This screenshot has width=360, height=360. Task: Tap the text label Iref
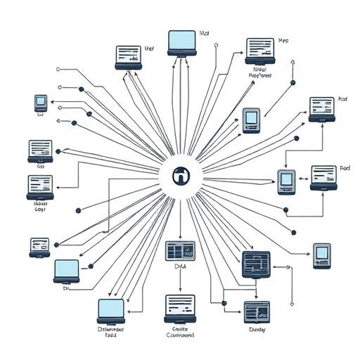(149, 49)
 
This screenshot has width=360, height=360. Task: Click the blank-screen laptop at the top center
(181, 43)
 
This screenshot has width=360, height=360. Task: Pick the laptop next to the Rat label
(322, 110)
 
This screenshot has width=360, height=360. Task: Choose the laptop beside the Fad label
(323, 178)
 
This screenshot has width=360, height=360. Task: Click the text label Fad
(345, 169)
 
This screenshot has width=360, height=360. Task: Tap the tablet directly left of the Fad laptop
(286, 182)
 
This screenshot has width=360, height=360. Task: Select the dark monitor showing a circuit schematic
(255, 265)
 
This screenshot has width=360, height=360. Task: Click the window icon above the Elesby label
(256, 310)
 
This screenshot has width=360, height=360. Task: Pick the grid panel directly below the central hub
(180, 251)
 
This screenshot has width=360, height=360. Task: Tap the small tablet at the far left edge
(41, 103)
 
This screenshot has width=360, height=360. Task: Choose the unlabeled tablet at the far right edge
(322, 255)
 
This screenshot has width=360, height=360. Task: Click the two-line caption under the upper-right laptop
(261, 73)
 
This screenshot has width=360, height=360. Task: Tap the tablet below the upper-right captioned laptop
(251, 120)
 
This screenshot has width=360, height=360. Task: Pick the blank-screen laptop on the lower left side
(67, 270)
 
